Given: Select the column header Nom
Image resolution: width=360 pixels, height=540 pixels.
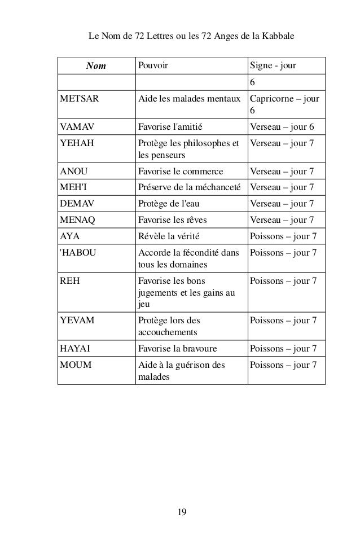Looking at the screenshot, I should [95, 66].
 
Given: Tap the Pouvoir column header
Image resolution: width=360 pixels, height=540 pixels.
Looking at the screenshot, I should [153, 66].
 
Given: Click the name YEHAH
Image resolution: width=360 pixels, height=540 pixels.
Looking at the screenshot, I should [76, 143].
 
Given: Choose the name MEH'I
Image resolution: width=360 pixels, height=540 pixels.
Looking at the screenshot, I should [73, 187].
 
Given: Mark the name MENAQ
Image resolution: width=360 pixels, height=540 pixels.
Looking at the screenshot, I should [78, 218].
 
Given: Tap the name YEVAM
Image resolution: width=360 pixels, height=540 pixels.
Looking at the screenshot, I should [77, 321].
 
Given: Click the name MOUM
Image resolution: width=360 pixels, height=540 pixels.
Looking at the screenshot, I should [76, 364].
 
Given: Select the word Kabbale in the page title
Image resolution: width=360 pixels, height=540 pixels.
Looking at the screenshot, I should [280, 37].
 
